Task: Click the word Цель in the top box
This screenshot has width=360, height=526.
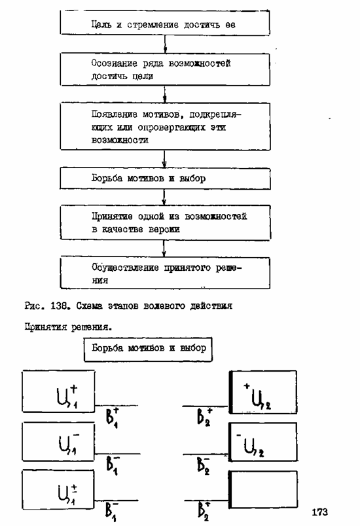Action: point(101,25)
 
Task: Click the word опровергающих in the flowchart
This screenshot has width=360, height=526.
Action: point(171,128)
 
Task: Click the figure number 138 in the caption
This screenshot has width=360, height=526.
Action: point(60,306)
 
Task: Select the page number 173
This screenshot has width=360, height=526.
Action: point(319,512)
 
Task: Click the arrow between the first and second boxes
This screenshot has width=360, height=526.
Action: point(165,44)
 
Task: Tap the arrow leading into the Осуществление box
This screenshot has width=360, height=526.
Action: point(164,248)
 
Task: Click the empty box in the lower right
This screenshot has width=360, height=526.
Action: point(263,489)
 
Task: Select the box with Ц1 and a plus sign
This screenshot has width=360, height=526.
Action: point(58,391)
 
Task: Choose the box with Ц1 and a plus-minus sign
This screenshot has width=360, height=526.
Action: point(58,489)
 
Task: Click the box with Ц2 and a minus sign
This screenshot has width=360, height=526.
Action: point(263,442)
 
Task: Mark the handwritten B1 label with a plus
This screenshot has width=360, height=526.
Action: point(112,417)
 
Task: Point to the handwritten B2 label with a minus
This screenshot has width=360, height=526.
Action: point(204,465)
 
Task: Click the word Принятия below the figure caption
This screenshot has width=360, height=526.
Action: point(46,327)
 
